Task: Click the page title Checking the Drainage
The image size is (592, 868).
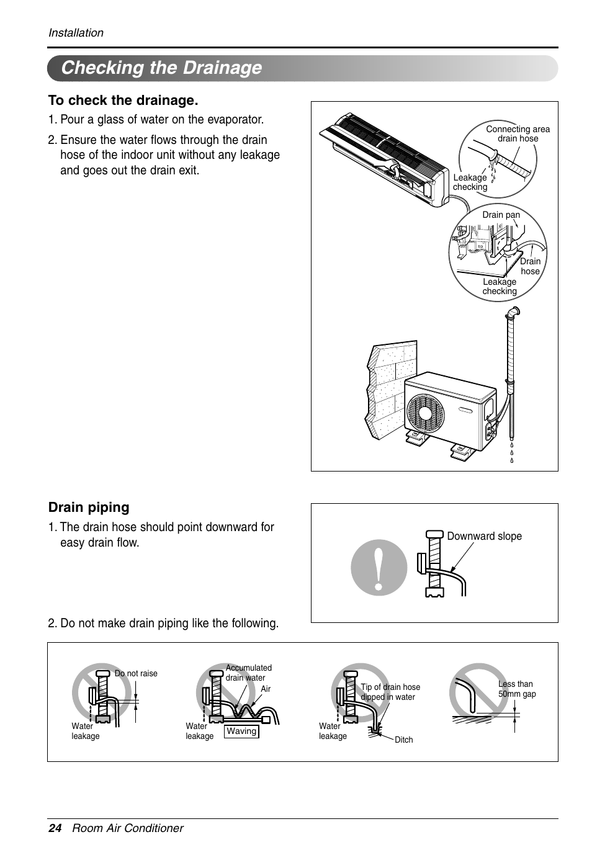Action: coord(161,68)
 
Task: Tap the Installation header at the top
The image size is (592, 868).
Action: coord(76,33)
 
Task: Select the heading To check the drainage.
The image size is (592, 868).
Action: coord(123,101)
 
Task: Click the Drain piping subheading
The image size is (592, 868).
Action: coord(89,508)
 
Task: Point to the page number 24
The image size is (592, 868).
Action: coord(55,828)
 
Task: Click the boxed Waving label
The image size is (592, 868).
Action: coord(241,732)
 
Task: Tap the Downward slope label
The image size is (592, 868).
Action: coord(484,537)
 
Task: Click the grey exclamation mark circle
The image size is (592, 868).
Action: coord(379,568)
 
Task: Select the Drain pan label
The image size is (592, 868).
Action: coord(501,215)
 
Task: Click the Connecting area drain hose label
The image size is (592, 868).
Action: coord(518,134)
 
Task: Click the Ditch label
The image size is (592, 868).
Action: coord(403,740)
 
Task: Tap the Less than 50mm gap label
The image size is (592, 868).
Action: coord(516,689)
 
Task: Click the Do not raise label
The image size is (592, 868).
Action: coord(136,674)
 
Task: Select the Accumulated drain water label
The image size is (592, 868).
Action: coord(248,673)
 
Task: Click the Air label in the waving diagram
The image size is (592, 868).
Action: coord(266,689)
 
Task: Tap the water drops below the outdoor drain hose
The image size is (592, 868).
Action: coord(512,453)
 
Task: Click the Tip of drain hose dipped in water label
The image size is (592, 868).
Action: coord(390,692)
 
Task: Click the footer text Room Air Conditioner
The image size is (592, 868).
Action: coord(128,828)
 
